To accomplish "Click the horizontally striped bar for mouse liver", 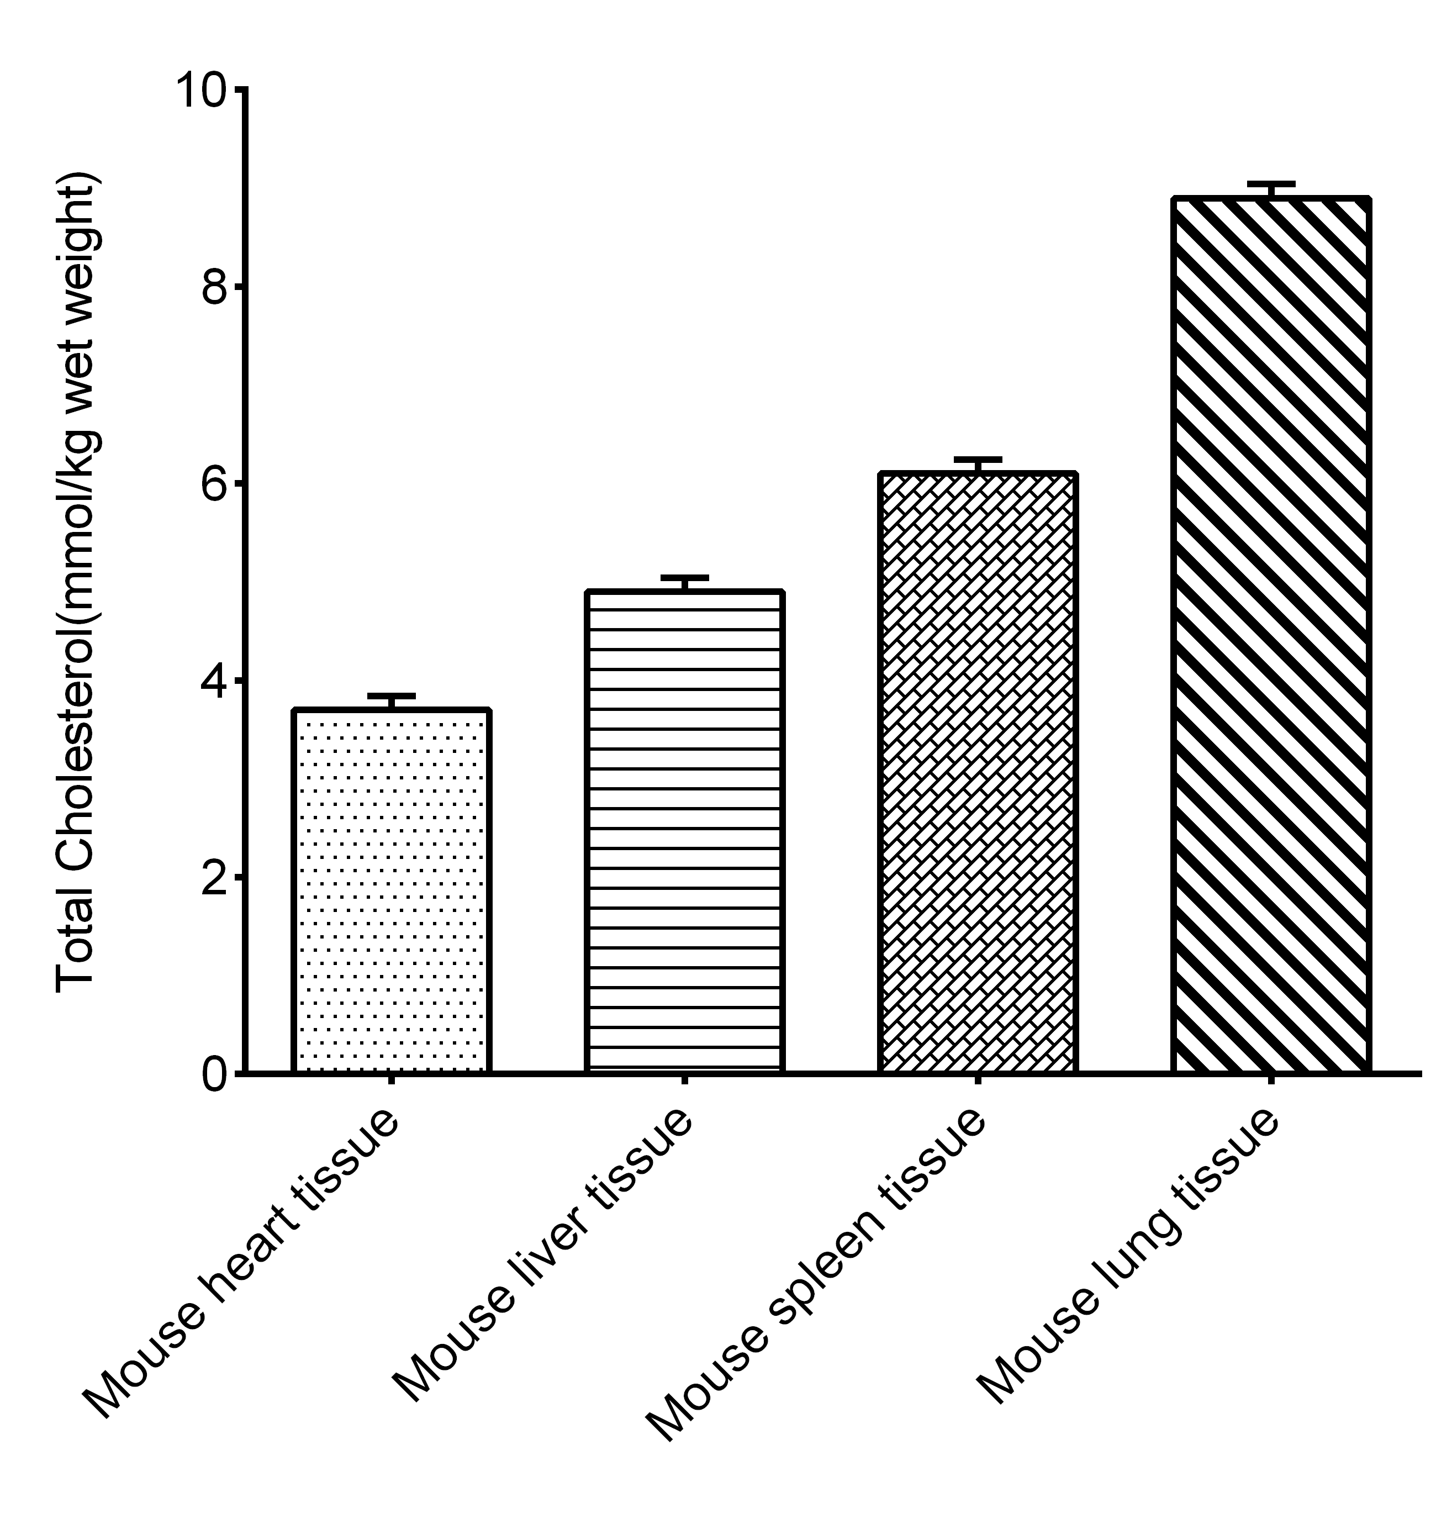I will click(x=684, y=831).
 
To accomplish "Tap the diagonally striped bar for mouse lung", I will click(x=1271, y=635).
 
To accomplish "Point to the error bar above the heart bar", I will click(x=392, y=699).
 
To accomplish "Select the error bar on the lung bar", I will click(x=1271, y=188).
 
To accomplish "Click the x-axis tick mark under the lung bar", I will click(x=1271, y=1080).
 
